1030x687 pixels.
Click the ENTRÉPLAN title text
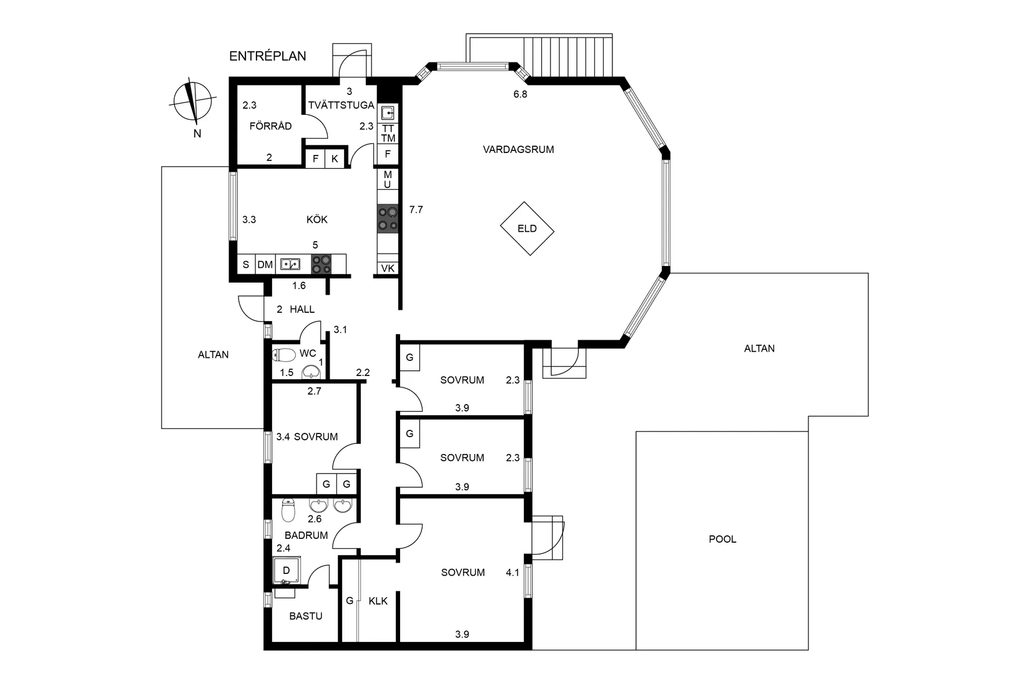tap(268, 56)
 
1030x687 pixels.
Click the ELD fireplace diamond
tap(527, 229)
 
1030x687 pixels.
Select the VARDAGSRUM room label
tap(518, 149)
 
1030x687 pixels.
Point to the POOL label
tap(722, 539)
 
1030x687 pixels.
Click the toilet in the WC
tap(283, 355)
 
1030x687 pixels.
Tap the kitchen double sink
tap(290, 264)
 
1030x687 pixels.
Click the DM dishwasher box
tap(265, 265)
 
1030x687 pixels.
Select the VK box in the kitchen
tap(388, 269)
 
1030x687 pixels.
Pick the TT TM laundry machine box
tap(388, 134)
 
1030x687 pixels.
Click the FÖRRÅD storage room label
tap(270, 126)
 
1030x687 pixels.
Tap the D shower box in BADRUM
tap(287, 570)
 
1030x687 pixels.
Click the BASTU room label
tap(306, 616)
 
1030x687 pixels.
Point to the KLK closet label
tap(378, 601)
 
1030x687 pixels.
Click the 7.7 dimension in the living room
tap(416, 210)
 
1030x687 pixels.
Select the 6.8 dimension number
tap(520, 94)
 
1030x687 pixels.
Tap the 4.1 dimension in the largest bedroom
tap(513, 573)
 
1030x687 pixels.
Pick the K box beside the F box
tap(335, 159)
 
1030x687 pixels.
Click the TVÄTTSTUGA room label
tap(341, 106)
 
